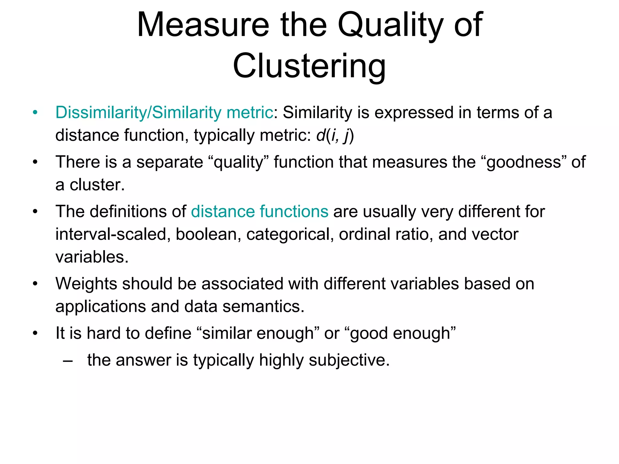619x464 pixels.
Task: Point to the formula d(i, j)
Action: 335,135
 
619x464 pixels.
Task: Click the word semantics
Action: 263,306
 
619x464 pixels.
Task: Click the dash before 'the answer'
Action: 68,360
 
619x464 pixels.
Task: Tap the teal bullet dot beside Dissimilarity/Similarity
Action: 35,113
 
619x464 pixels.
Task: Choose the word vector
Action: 493,234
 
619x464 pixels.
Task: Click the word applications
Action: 101,307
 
